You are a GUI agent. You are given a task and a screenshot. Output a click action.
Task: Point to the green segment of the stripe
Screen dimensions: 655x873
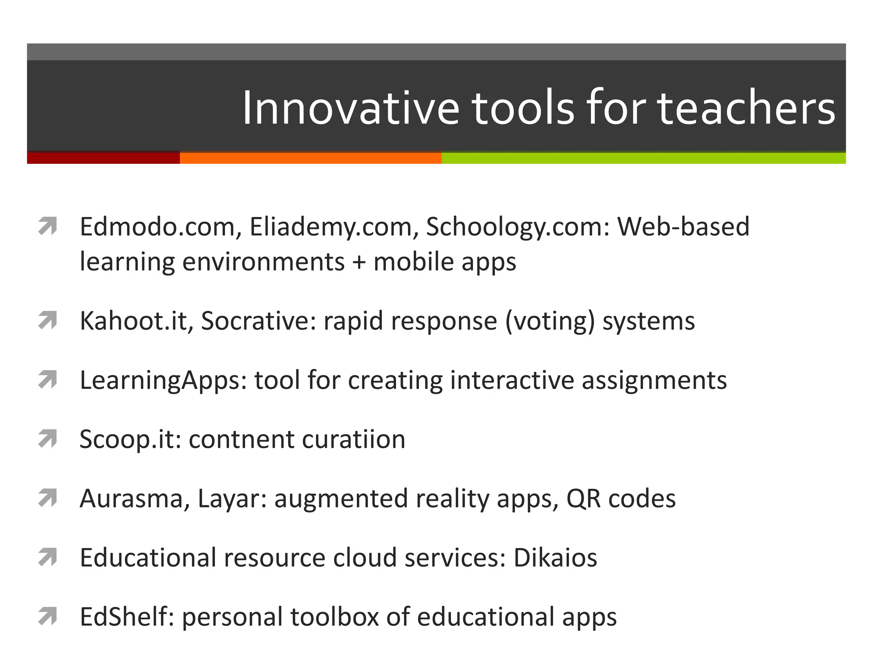click(x=644, y=158)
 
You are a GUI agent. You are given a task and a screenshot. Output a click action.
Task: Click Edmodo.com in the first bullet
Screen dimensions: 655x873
click(x=158, y=226)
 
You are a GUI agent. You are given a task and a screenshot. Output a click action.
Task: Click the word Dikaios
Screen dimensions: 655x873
click(x=555, y=557)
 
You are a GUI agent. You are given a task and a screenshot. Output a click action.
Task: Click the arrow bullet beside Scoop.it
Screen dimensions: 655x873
click(x=47, y=439)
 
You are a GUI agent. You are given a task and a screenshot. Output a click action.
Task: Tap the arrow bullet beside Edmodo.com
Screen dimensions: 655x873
click(x=47, y=226)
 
